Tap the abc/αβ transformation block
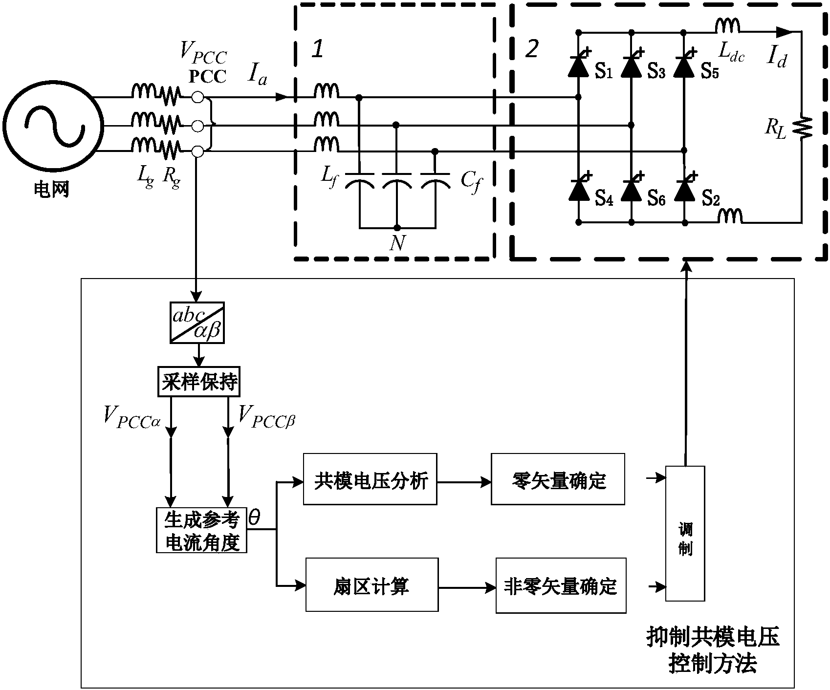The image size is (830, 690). pyautogui.click(x=197, y=323)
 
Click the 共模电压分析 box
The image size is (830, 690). pyautogui.click(x=370, y=479)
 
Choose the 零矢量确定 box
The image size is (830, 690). pyautogui.click(x=558, y=479)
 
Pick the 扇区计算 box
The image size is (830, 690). pyautogui.click(x=372, y=585)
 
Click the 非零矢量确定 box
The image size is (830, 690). pyautogui.click(x=561, y=585)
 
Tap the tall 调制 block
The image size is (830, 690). pyautogui.click(x=685, y=533)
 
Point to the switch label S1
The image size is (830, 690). pyautogui.click(x=603, y=72)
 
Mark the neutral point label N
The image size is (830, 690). pyautogui.click(x=397, y=243)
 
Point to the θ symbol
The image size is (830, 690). pyautogui.click(x=255, y=518)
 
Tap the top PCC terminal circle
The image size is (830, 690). pyautogui.click(x=197, y=97)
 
